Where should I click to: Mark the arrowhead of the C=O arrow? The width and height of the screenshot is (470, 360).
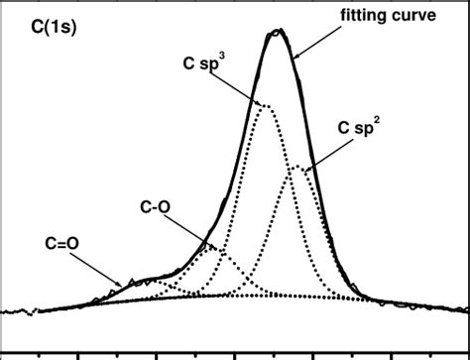click(x=124, y=286)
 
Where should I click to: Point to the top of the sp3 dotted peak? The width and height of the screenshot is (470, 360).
click(x=265, y=105)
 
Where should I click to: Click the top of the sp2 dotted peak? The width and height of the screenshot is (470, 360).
click(x=297, y=166)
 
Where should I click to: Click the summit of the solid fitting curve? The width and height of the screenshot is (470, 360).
click(x=279, y=32)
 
